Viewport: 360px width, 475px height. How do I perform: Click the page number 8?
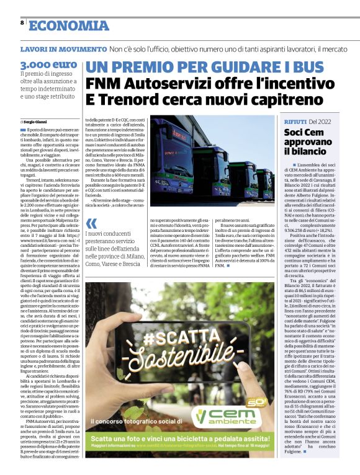coord(22,22)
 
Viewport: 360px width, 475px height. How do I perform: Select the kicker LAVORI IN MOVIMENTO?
coord(63,49)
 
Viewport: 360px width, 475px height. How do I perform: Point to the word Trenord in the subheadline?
coord(130,99)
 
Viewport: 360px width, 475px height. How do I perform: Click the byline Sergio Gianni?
coord(36,122)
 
